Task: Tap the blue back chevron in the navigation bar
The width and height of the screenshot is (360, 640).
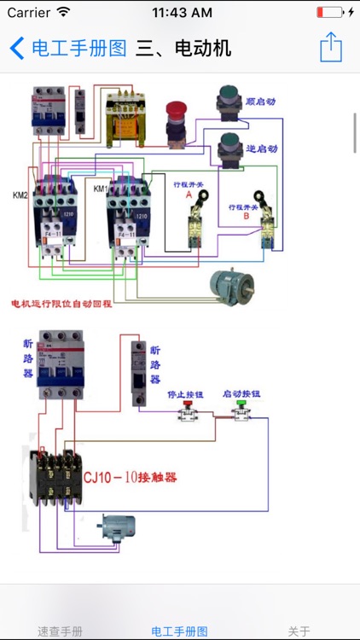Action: coord(17,48)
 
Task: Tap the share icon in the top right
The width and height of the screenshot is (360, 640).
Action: coord(331,48)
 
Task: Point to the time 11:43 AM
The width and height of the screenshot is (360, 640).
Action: coord(182,13)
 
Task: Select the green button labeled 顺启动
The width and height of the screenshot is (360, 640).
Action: coord(229,97)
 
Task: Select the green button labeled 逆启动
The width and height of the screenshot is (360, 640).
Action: coord(229,145)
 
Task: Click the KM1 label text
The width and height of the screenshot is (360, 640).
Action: coord(100,189)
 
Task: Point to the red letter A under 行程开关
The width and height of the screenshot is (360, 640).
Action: coord(189,195)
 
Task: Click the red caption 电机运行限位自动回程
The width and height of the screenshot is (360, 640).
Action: coord(61,303)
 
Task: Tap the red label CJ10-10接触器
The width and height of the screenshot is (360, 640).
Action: coord(130,478)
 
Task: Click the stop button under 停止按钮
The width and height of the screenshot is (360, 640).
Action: coord(186,414)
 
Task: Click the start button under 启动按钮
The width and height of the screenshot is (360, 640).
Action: coord(241,414)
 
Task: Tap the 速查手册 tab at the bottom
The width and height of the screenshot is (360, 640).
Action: coord(60,631)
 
